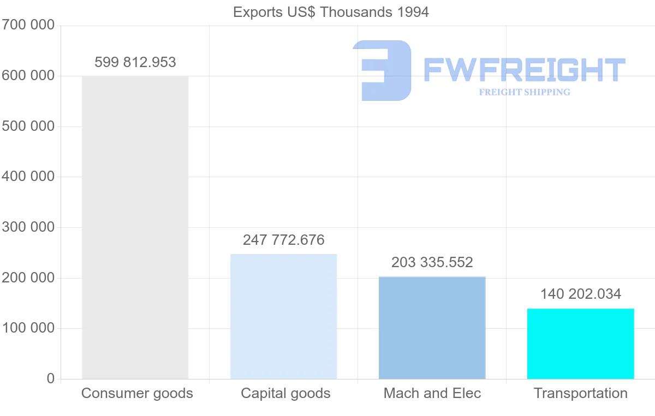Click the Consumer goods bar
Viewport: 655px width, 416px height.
tap(135, 227)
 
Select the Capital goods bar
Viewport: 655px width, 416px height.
tap(283, 316)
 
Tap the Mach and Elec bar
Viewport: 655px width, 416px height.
tap(432, 328)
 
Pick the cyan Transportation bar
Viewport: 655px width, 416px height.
tap(580, 343)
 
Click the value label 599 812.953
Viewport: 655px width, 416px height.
tap(135, 62)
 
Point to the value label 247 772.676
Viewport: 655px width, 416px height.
tap(283, 240)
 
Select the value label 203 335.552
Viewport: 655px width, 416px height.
tap(432, 262)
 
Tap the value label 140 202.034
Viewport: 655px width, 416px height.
tap(580, 294)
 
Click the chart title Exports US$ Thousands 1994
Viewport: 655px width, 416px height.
tap(331, 12)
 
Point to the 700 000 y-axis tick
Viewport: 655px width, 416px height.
tap(28, 25)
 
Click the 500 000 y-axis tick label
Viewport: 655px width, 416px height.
tap(28, 126)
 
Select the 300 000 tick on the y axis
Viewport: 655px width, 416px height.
tap(28, 227)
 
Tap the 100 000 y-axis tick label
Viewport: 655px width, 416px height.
tap(28, 328)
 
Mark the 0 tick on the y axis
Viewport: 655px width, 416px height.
tap(51, 378)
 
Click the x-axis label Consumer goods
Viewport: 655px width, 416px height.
tap(137, 393)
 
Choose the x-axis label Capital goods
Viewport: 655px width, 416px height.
tap(285, 393)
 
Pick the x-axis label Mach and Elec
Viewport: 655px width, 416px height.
tap(432, 393)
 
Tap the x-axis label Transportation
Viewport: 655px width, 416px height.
tap(580, 393)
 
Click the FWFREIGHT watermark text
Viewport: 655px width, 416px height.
tap(524, 70)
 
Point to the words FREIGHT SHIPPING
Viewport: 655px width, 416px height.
tap(525, 92)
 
